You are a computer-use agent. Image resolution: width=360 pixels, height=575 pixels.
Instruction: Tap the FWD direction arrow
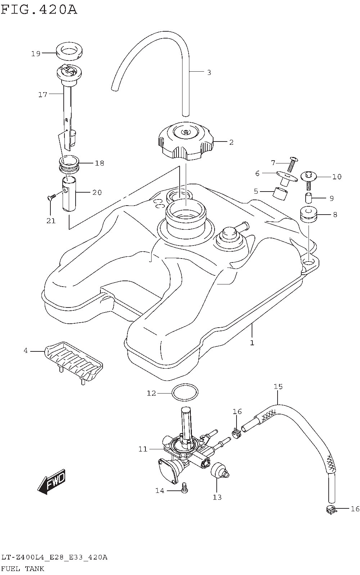(51, 481)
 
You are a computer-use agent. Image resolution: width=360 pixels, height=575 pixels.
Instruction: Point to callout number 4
(26, 350)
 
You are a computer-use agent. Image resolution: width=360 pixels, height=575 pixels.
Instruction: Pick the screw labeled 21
(51, 197)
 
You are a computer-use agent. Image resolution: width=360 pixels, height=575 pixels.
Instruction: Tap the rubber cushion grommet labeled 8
(309, 215)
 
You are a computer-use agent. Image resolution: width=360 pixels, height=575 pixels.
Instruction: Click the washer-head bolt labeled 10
(308, 179)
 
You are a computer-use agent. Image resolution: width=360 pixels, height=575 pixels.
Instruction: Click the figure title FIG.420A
(39, 9)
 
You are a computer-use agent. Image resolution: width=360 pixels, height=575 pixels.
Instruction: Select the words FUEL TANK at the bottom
(23, 569)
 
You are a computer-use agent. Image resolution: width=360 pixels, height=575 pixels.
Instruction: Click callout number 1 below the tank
(252, 342)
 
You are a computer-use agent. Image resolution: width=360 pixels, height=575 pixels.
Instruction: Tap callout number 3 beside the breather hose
(209, 72)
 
